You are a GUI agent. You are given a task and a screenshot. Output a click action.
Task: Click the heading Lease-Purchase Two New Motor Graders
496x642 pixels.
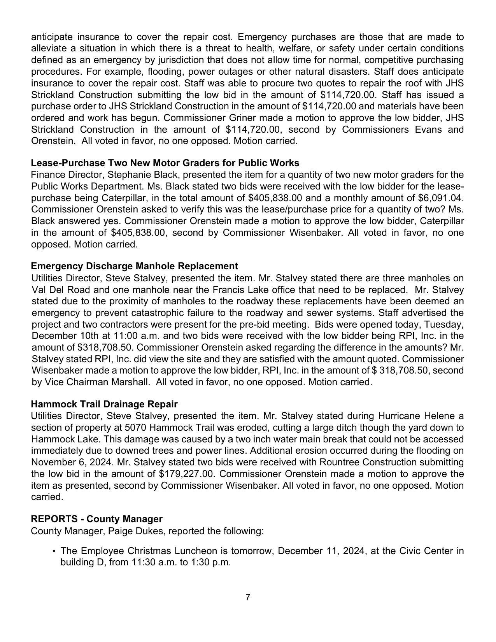(165, 163)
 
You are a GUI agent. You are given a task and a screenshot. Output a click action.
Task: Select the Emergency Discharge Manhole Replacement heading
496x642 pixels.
(134, 266)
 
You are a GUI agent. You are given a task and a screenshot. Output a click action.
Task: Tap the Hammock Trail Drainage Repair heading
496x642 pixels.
(104, 404)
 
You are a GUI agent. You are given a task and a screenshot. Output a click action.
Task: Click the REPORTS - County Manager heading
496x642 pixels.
(96, 519)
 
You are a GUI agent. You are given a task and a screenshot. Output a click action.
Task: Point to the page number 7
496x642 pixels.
(248, 597)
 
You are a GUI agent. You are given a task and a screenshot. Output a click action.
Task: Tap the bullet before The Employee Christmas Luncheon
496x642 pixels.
(54, 551)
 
